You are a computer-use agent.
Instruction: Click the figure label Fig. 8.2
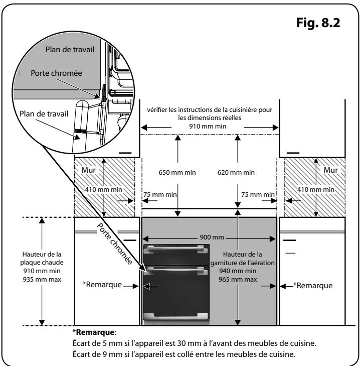coord(318,23)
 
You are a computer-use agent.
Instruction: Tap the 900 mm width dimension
coord(212,237)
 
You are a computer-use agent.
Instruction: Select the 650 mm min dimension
coord(177,173)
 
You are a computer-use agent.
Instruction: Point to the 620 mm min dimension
coord(236,173)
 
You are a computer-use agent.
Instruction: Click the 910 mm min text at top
coord(208,127)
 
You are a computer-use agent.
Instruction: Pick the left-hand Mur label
coord(88,170)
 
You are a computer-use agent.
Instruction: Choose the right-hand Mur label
coord(330,170)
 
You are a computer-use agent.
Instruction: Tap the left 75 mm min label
coord(160,194)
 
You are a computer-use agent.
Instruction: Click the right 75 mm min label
coord(258,194)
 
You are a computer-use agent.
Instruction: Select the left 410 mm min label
coord(103,189)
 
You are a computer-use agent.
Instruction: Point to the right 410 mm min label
coord(316,189)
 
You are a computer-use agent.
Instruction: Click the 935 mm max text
coord(42,280)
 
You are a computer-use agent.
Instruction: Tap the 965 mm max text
coord(238,280)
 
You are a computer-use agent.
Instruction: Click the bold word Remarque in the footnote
coord(95,332)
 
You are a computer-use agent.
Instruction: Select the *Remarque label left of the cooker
coord(102,285)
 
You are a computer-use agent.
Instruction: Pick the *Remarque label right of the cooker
coord(313,286)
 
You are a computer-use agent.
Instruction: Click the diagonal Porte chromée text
coord(115,243)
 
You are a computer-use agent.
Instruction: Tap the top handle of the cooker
coord(175,249)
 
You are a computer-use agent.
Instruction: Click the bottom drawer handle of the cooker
coord(175,316)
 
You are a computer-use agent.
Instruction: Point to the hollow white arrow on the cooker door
coord(150,286)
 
